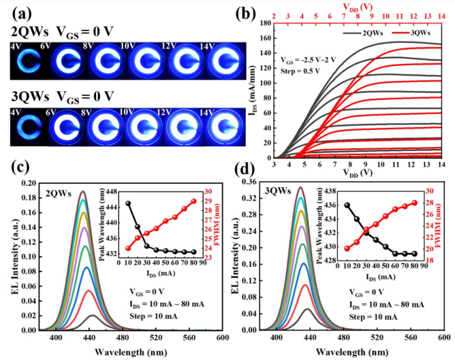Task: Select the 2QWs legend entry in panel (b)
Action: [362, 32]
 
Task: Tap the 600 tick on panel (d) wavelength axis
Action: [443, 338]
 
